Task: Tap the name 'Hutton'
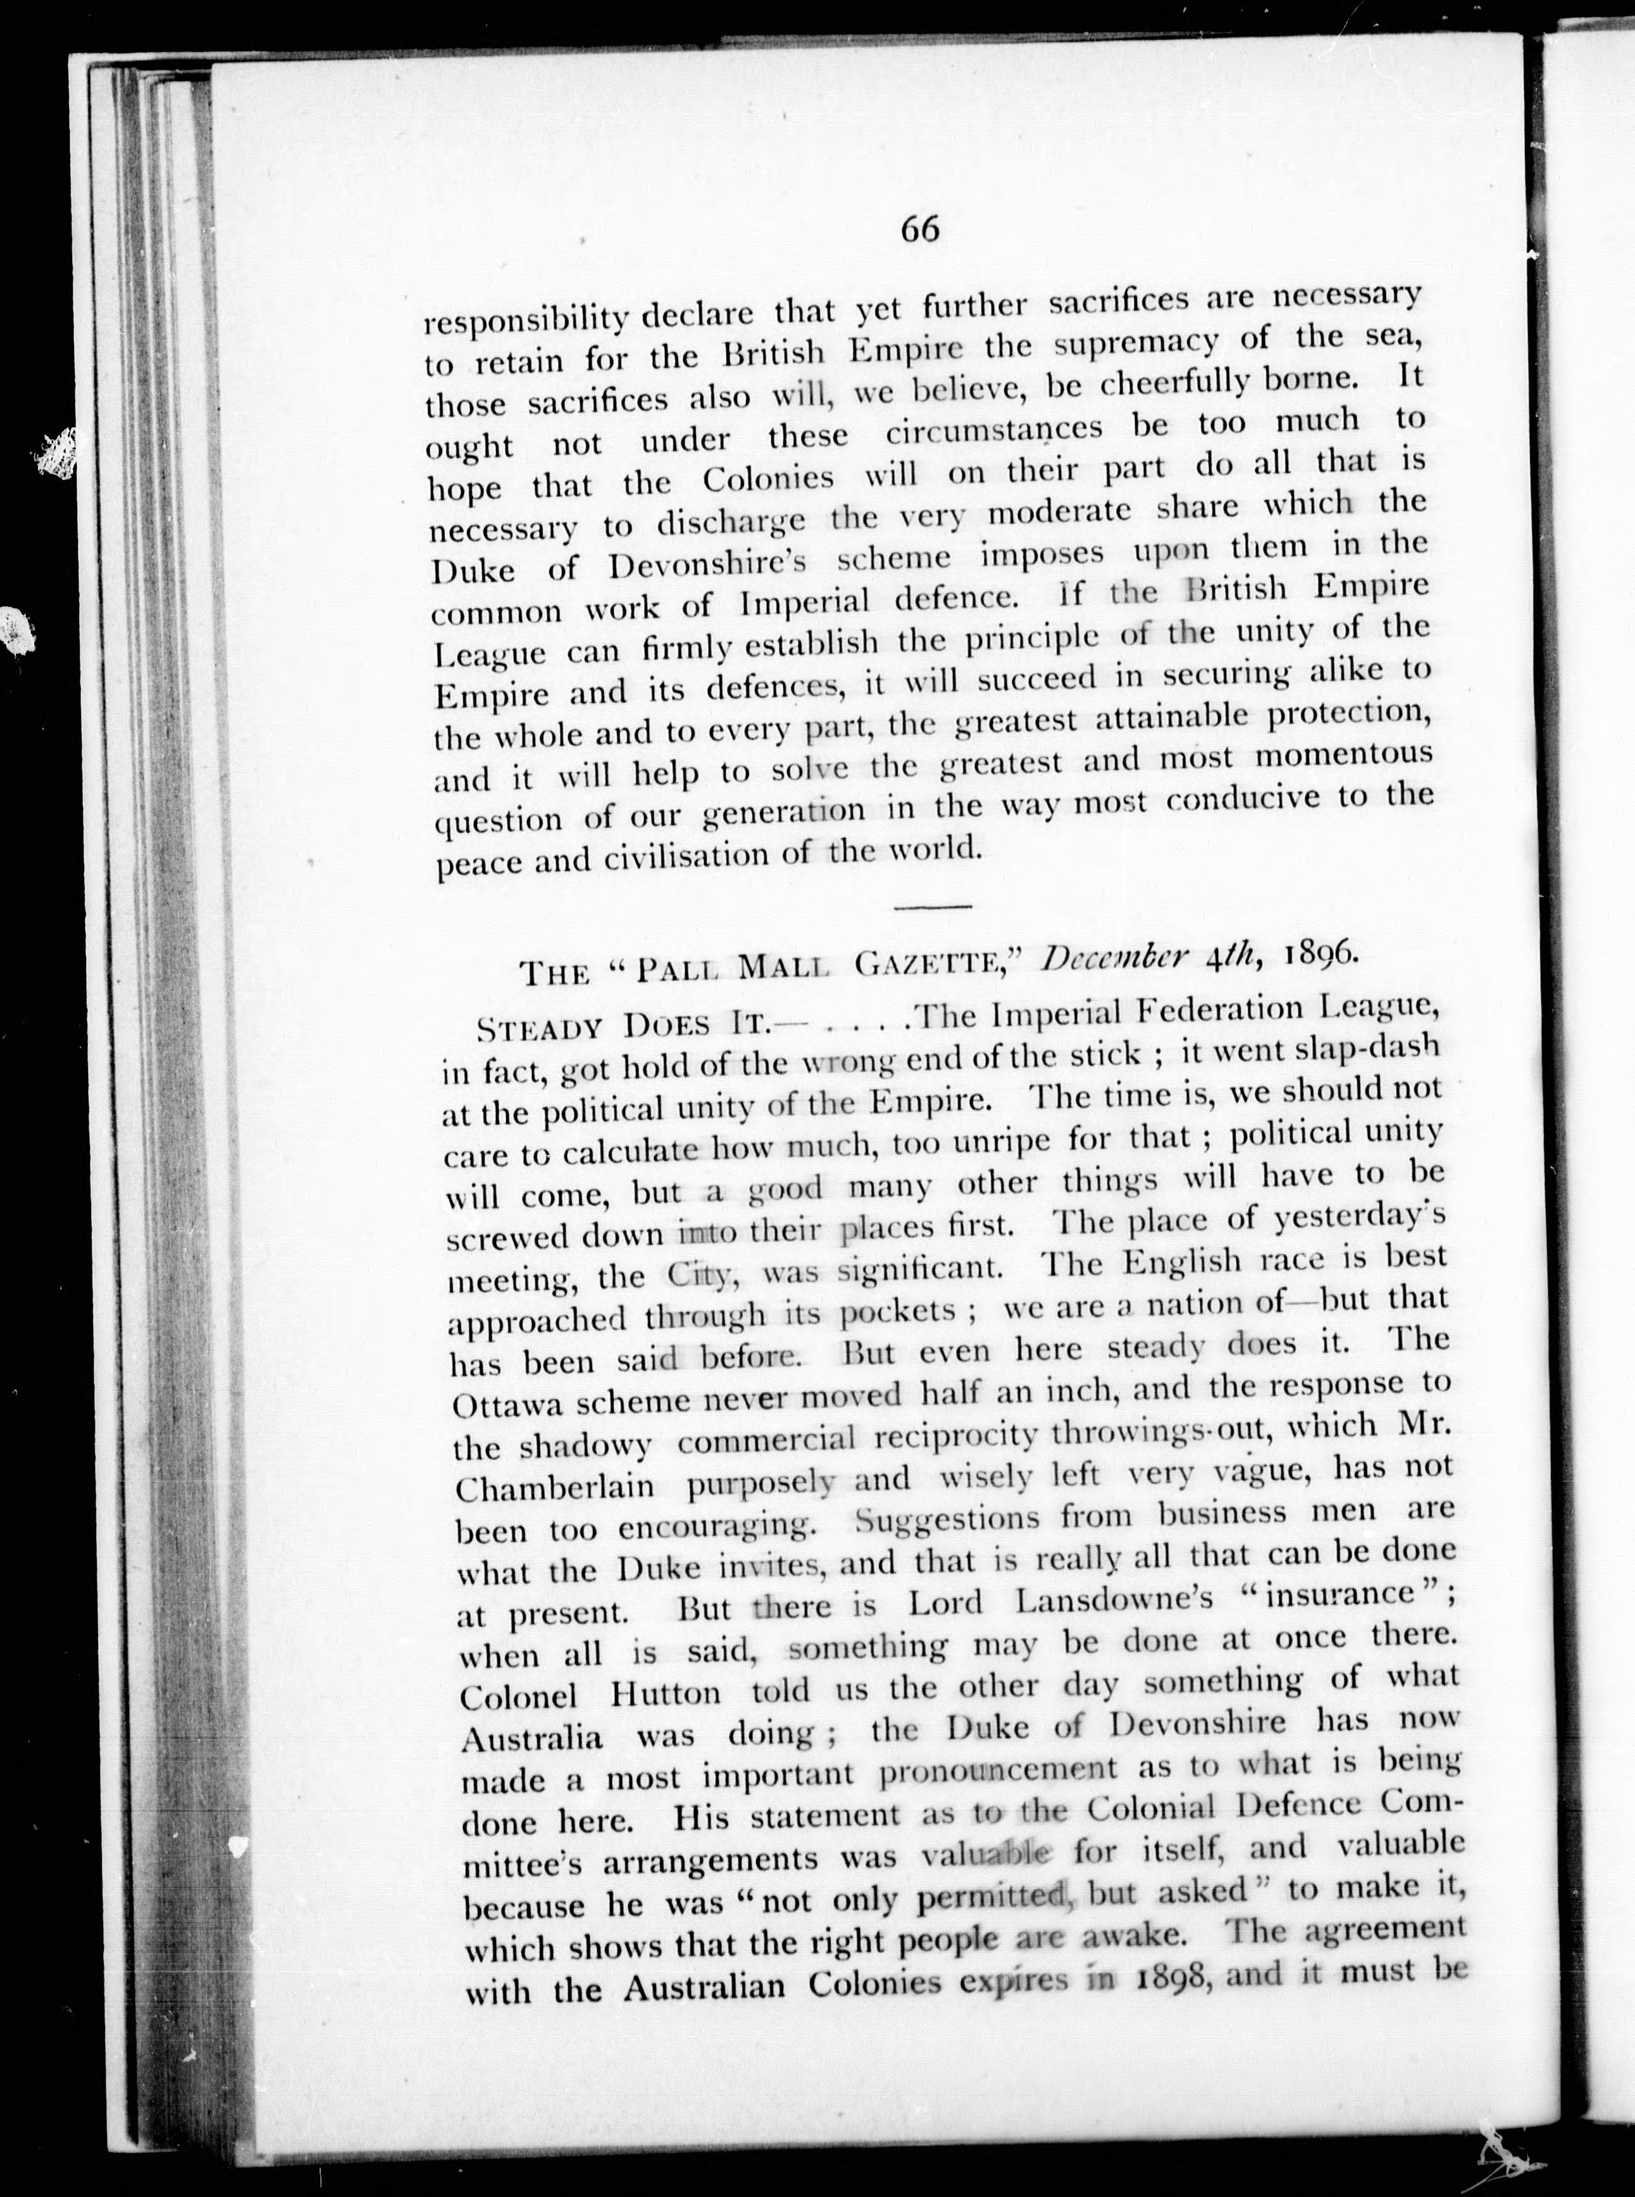(x=666, y=1693)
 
